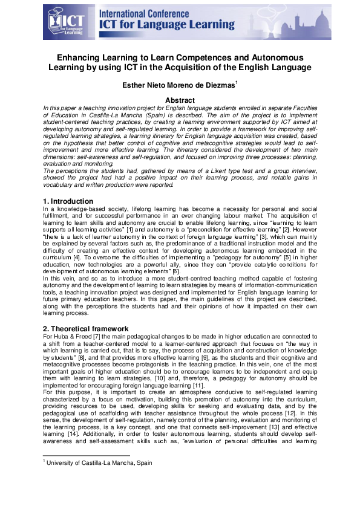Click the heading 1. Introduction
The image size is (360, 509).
68,201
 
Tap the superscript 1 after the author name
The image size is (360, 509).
236,83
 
